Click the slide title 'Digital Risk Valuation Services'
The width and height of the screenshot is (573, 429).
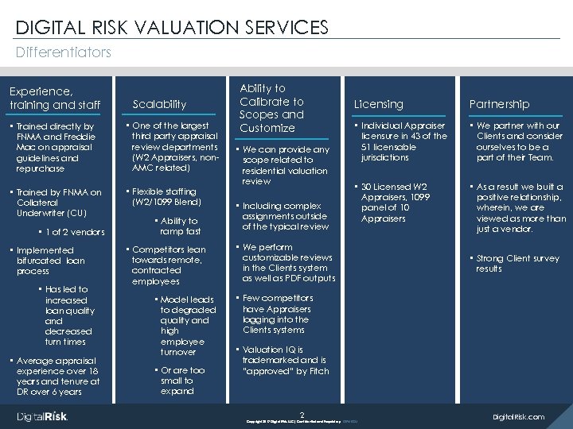pos(172,27)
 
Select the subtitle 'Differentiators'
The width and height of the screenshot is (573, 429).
pos(64,52)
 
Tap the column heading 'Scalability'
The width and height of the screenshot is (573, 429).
pos(159,104)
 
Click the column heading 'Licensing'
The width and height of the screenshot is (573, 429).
pos(378,104)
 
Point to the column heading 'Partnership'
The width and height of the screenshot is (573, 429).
pos(499,104)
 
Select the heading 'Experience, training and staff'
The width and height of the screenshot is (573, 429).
pos(55,98)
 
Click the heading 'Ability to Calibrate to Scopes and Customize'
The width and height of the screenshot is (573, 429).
pos(271,108)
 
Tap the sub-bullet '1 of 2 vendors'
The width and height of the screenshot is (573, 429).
pos(76,232)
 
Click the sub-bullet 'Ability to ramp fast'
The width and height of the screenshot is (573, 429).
pos(179,226)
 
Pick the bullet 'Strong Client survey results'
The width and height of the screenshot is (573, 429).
pos(517,264)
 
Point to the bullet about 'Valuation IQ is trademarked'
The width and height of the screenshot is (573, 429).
pos(285,360)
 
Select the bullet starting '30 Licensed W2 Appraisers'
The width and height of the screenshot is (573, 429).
pos(396,203)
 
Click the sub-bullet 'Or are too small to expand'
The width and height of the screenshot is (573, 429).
pos(182,381)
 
